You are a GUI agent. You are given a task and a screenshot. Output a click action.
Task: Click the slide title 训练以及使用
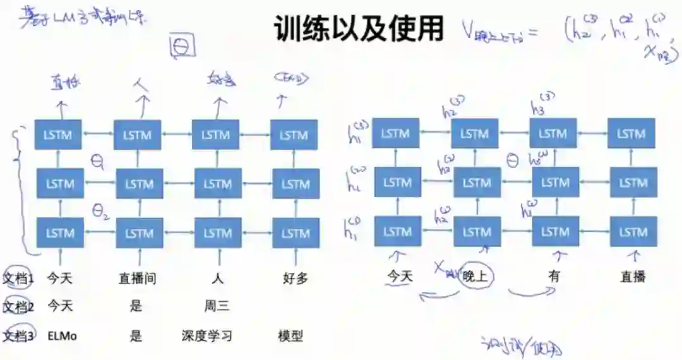pos(359,28)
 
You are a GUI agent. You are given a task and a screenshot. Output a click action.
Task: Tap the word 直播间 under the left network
pos(137,277)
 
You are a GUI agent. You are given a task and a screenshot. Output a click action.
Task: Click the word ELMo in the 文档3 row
pos(62,336)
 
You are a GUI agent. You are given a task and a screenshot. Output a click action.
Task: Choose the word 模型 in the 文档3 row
pos(290,336)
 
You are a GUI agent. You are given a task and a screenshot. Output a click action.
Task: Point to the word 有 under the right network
pos(554,276)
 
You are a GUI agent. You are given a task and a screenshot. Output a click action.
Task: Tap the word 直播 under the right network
pos(633,276)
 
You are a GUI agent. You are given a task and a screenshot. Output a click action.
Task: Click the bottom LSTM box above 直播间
pos(139,233)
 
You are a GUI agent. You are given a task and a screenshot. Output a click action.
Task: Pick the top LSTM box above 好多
pos(294,135)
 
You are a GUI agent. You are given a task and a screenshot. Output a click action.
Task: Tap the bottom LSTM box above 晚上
pos(477,232)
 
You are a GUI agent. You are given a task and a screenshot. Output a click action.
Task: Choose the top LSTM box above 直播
pos(631,133)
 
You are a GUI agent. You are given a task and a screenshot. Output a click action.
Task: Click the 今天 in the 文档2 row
pos(60,307)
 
